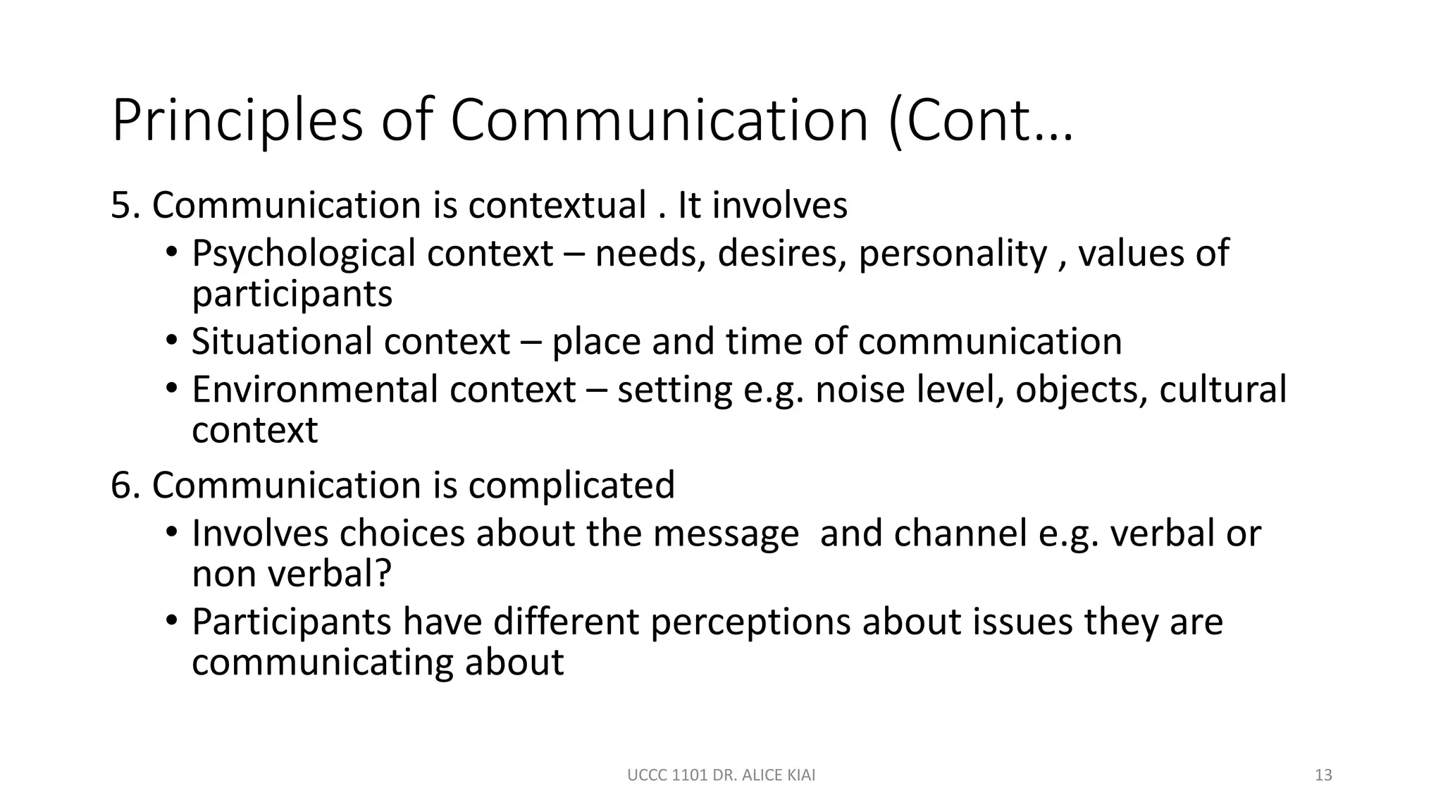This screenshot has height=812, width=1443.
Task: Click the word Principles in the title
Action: click(x=237, y=121)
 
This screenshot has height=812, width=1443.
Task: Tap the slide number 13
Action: click(x=1323, y=775)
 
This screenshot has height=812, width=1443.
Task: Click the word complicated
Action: click(x=571, y=486)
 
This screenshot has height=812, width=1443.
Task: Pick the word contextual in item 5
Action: click(x=557, y=206)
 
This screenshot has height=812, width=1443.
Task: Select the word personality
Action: click(x=953, y=254)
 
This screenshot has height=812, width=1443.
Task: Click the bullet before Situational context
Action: click(x=173, y=341)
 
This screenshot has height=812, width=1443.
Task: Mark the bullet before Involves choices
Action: click(x=173, y=533)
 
